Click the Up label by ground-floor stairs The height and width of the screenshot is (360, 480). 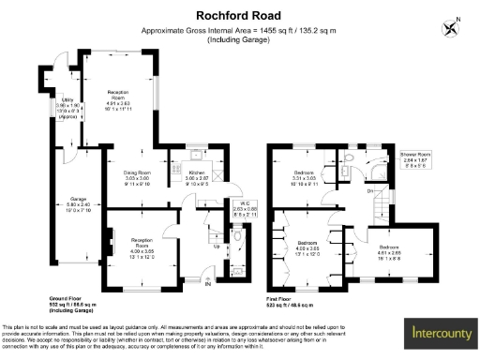[218, 247]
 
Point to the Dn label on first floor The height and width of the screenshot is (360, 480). [370, 191]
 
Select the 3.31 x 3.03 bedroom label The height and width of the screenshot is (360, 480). [306, 177]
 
